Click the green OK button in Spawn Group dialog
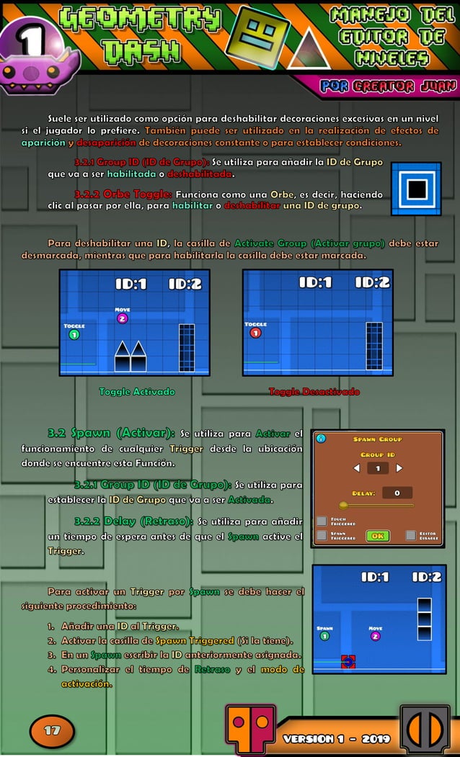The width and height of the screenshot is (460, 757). click(377, 536)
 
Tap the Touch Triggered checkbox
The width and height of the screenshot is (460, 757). click(322, 521)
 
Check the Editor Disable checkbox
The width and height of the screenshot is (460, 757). click(410, 535)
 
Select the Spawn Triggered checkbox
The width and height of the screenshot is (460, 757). click(322, 536)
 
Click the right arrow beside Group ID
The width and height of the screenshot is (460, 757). click(399, 468)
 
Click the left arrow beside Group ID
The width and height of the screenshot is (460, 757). click(355, 468)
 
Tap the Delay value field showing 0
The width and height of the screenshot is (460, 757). click(397, 493)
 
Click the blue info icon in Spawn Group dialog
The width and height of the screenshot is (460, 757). click(322, 438)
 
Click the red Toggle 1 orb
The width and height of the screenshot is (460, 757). click(255, 333)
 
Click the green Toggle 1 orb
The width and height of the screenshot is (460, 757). click(74, 334)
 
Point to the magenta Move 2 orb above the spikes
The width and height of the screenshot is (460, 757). click(122, 318)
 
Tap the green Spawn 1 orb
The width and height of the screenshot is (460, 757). click(324, 636)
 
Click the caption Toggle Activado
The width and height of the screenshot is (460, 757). click(137, 392)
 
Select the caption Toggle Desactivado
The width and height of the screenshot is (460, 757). click(314, 392)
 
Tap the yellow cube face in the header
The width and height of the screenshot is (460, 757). click(257, 36)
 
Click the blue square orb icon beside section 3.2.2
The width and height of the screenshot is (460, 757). click(416, 189)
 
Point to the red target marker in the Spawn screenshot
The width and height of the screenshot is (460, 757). click(348, 661)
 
